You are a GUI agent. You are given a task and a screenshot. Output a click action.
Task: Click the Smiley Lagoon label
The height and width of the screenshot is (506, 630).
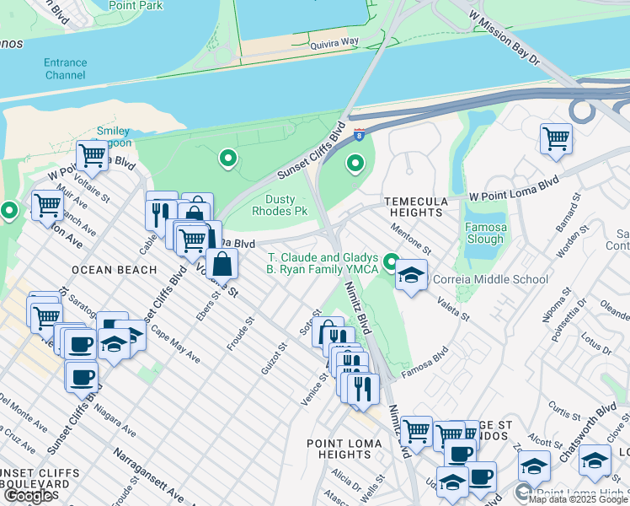click(x=113, y=137)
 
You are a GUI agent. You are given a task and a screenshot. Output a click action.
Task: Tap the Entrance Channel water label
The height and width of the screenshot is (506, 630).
click(x=66, y=68)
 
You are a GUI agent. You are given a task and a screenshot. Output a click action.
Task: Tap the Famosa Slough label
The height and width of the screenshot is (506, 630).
click(x=484, y=234)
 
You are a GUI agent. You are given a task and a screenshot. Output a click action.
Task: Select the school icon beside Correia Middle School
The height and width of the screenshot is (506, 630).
click(x=410, y=276)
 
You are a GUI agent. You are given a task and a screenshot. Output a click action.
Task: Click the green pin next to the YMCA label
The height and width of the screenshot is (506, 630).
click(x=390, y=262)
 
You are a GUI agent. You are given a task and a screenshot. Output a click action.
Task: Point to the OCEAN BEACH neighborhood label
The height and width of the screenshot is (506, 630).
click(x=115, y=270)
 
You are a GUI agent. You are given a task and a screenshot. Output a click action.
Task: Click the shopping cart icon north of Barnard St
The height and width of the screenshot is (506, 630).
click(x=556, y=138)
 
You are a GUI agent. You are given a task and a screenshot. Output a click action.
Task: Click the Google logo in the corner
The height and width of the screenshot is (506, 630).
click(x=29, y=496)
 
